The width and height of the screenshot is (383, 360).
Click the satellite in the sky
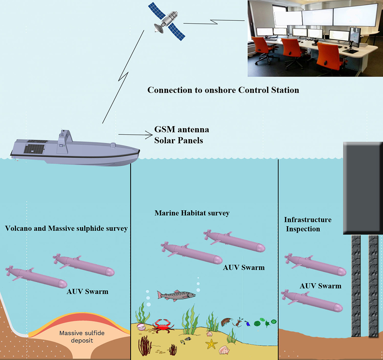(x=167, y=21)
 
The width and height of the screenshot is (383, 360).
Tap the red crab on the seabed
(x=163, y=326)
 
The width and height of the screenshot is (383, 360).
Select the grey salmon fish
(x=176, y=295)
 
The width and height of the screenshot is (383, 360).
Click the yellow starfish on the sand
(x=211, y=344)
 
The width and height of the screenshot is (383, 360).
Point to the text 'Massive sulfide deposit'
(x=82, y=336)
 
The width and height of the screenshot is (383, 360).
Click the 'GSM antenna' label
(x=182, y=130)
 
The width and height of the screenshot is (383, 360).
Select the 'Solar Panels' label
(x=178, y=140)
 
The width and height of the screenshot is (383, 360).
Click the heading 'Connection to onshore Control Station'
(x=223, y=90)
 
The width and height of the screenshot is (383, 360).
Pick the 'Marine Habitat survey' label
(x=192, y=213)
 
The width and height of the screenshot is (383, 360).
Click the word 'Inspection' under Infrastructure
(x=302, y=229)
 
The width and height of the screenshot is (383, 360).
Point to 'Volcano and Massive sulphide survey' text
(x=67, y=229)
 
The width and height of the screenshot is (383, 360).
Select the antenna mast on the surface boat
(x=64, y=140)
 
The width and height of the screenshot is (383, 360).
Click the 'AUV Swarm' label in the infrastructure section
(x=321, y=286)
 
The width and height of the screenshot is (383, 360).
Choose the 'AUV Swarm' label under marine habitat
(x=244, y=267)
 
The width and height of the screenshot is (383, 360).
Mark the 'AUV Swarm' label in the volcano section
(x=88, y=292)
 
